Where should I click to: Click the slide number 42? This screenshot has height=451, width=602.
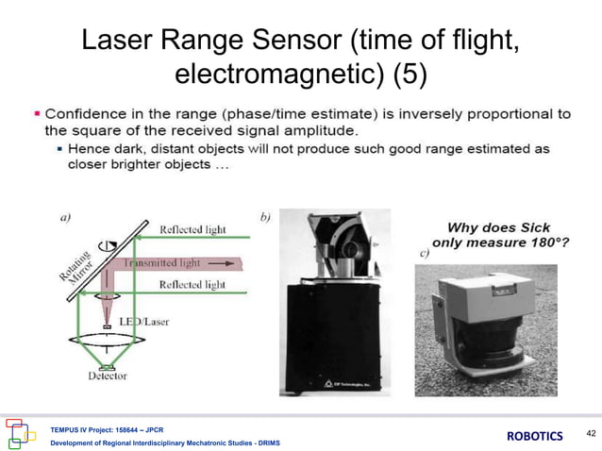pos(591,433)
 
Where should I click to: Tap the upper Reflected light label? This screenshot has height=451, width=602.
pos(192,229)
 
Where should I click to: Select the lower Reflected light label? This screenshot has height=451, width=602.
pos(192,284)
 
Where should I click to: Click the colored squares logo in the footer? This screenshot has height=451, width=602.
pos(22,433)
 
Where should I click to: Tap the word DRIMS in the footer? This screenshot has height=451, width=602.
pos(264,443)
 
